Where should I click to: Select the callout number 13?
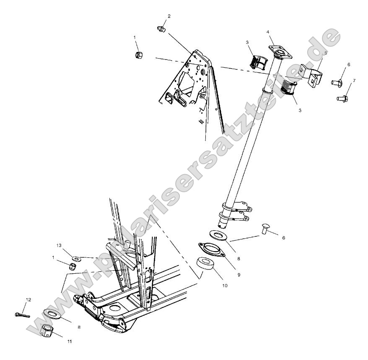coord(59,245)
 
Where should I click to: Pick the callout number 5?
coord(325,54)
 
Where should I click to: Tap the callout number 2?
coord(169,16)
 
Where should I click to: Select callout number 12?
coord(29,300)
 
